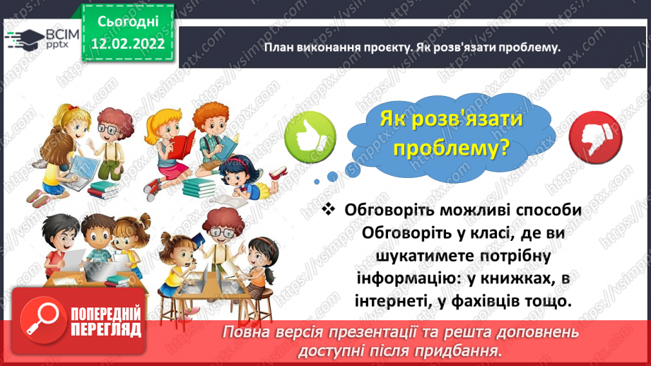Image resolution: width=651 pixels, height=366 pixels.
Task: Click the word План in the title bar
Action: pyautogui.click(x=279, y=47)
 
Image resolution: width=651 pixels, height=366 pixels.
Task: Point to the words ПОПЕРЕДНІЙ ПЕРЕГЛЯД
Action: pyautogui.click(x=107, y=322)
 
